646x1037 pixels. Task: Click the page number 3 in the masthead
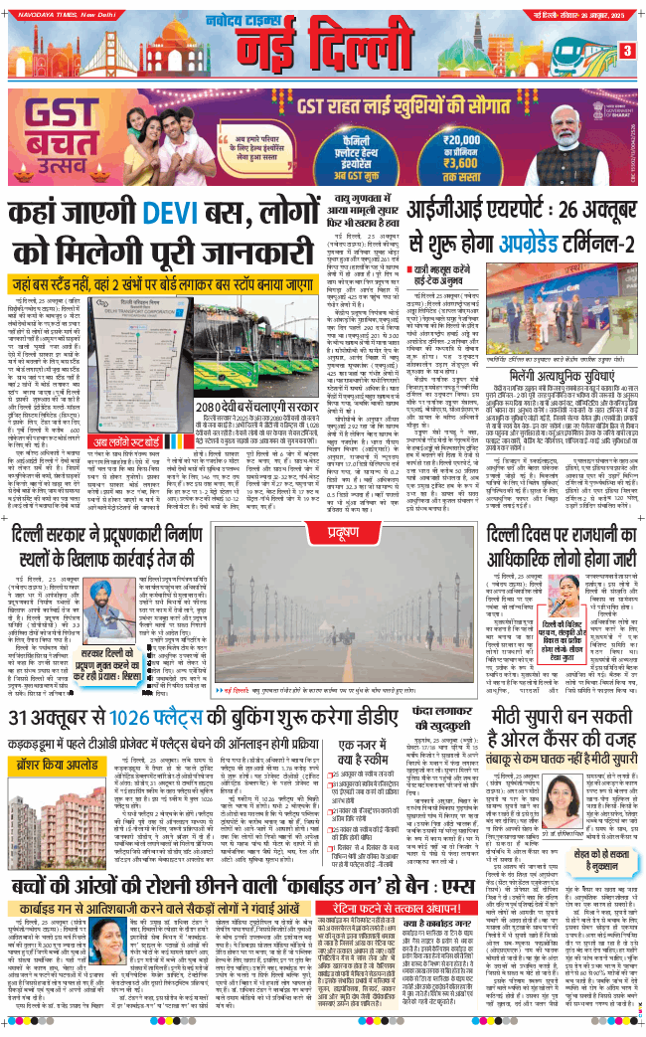pos(627,50)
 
